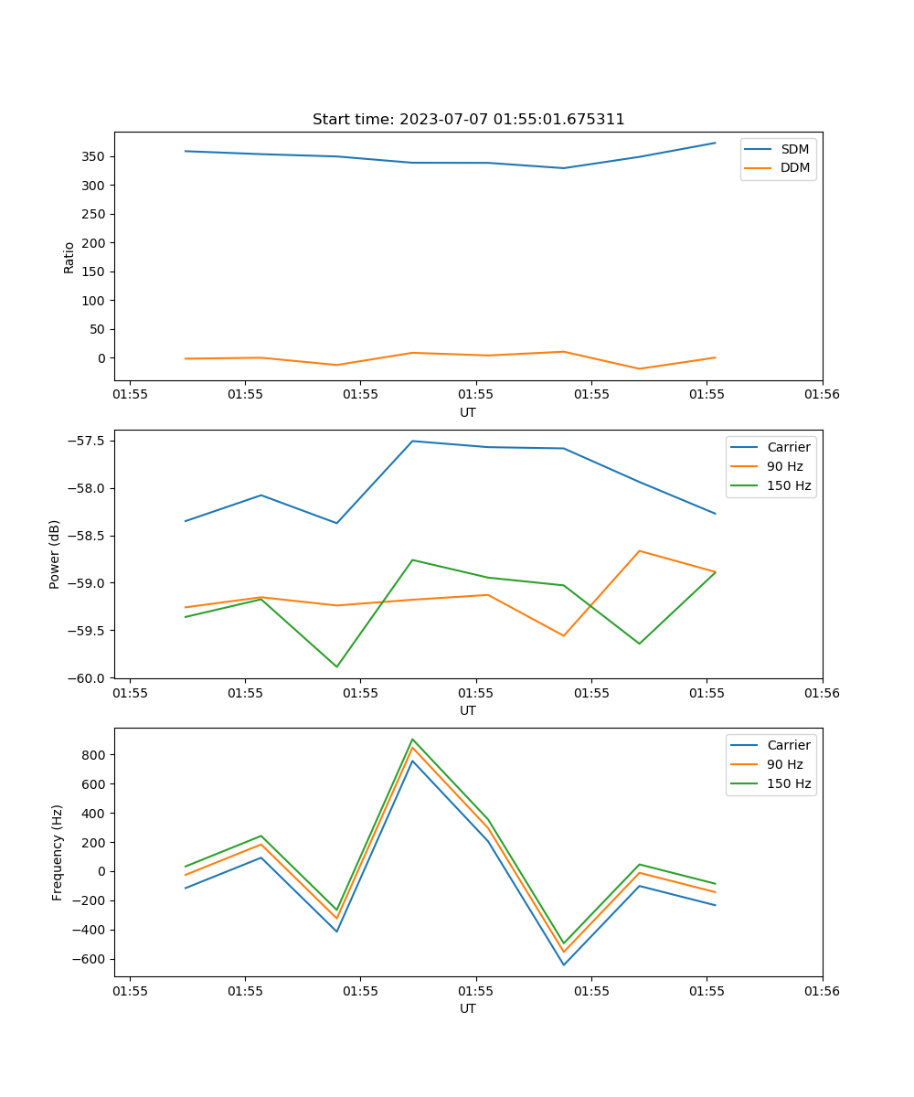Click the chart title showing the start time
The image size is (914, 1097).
tap(468, 120)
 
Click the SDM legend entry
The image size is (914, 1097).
tap(794, 149)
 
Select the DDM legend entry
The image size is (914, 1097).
tap(794, 167)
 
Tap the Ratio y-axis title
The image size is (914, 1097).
tap(69, 257)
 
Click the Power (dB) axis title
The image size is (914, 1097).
tap(55, 554)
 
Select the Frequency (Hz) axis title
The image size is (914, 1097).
tap(57, 852)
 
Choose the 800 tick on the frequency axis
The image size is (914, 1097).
tap(95, 755)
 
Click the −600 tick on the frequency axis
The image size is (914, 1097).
tap(91, 959)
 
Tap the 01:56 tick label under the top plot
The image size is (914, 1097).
tap(822, 394)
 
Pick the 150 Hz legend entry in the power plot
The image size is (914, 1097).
tap(789, 485)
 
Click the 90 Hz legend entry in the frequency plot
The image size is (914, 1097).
tap(785, 764)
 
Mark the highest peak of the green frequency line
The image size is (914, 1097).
tap(412, 739)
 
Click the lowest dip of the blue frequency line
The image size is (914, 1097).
tap(563, 964)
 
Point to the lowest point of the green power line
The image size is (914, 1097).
tap(336, 666)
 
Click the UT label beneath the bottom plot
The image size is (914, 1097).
tap(468, 1008)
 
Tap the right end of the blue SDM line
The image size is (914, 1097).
tap(715, 143)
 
